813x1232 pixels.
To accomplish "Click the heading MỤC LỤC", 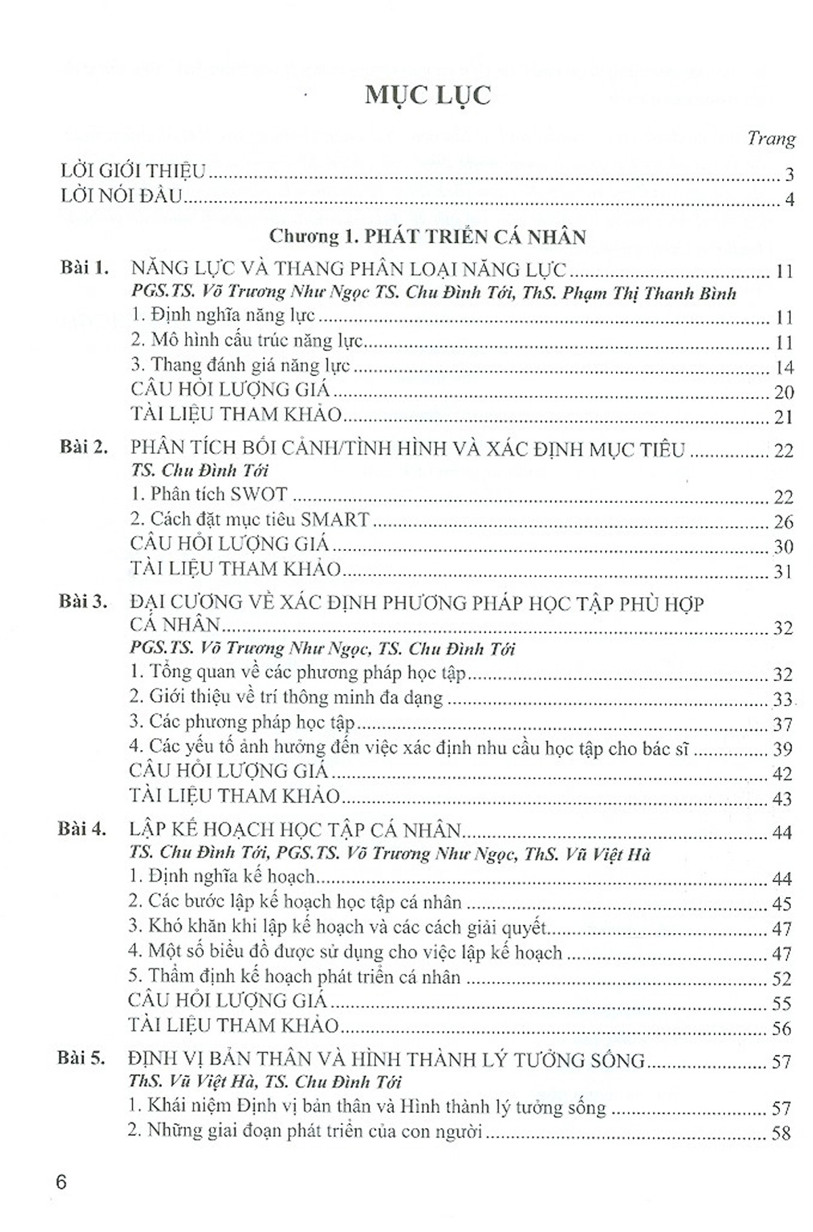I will [428, 96].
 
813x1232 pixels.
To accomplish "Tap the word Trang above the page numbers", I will [771, 138].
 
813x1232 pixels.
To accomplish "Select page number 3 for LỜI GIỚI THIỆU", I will [789, 175].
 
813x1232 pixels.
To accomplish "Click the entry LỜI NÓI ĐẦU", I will [122, 197].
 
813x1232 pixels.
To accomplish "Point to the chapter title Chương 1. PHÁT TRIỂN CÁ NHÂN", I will [428, 237].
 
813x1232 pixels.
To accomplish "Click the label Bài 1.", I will [84, 268].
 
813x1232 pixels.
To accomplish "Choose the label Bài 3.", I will [83, 601].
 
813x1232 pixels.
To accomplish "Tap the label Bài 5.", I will [81, 1058].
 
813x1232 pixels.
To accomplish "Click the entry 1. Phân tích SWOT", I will [209, 494].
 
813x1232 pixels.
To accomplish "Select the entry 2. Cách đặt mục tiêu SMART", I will [250, 519].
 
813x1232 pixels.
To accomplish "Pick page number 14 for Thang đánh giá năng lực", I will [783, 368].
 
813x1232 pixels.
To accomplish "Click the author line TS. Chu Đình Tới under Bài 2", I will [200, 470].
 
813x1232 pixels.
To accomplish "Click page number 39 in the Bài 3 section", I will [782, 749].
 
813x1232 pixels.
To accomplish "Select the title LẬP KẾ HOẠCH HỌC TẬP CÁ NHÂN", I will [295, 829].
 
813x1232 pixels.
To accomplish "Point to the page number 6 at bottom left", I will [62, 1183].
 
